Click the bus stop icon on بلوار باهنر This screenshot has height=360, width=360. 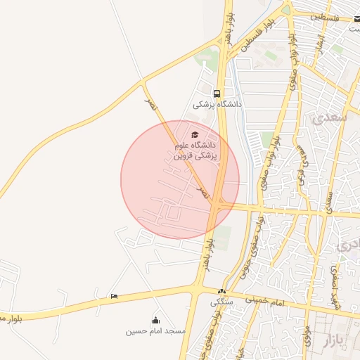(x=217, y=93)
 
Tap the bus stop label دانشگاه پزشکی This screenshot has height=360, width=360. (x=218, y=104)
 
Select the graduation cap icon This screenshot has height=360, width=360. (x=195, y=134)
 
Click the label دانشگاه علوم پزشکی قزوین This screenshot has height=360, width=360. (x=197, y=150)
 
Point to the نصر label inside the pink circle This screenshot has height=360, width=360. (x=202, y=191)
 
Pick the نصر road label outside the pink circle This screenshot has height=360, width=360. (x=149, y=103)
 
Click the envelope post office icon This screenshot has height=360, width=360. (x=357, y=18)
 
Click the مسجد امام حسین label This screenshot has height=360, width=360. (x=155, y=331)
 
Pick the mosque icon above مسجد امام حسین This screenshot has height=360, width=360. (x=155, y=321)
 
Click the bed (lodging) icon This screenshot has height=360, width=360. (x=114, y=297)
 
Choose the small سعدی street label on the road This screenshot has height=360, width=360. (x=328, y=201)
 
